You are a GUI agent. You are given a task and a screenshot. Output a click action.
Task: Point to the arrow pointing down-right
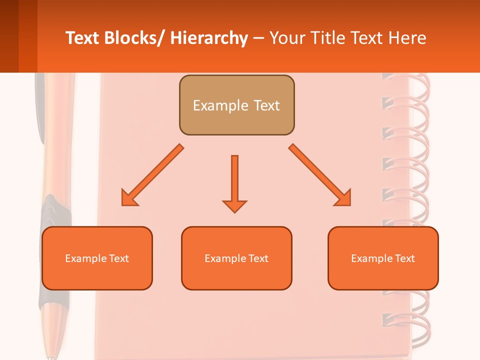[320, 175]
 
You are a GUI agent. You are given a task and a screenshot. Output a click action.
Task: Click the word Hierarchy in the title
[209, 38]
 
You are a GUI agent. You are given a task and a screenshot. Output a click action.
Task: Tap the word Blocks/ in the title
[135, 38]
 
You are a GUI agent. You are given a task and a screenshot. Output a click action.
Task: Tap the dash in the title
[258, 38]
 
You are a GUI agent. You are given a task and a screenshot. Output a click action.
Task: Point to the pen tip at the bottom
[51, 355]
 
